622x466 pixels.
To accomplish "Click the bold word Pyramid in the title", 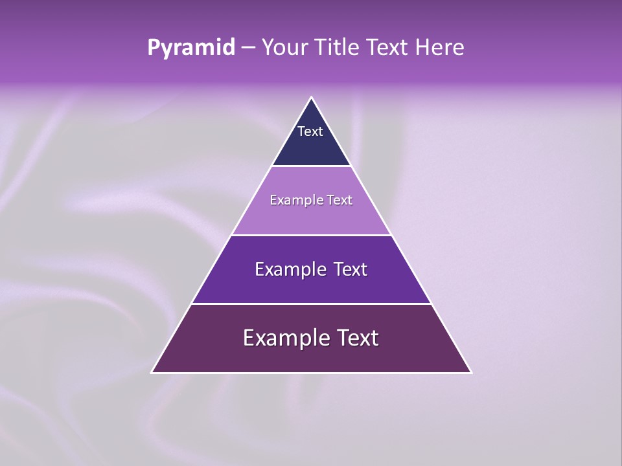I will (x=191, y=48).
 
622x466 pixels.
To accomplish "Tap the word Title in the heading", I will (x=338, y=48).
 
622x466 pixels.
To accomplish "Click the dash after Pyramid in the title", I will (x=248, y=48).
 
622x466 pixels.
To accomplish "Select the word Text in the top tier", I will (x=310, y=131).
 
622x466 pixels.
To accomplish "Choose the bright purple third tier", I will (x=311, y=288).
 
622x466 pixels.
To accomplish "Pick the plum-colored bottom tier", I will (x=311, y=358).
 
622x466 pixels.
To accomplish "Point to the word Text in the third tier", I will (x=351, y=269).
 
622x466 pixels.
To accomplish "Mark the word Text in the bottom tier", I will (x=357, y=338).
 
